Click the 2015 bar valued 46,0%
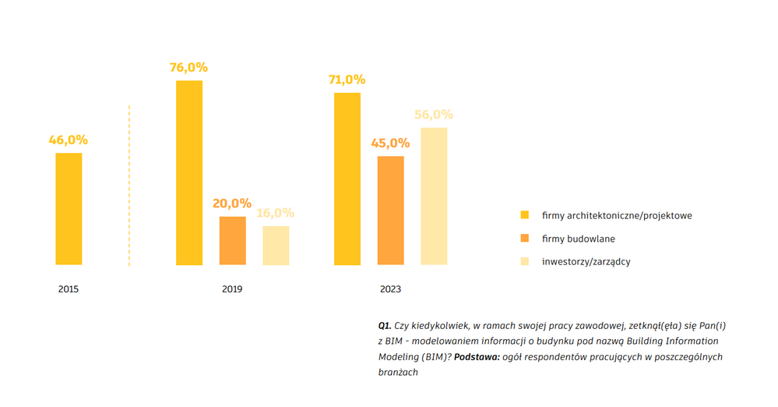pos(69,209)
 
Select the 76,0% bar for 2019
pos(189,172)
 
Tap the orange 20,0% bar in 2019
pos(232,241)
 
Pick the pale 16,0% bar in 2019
pos(276,246)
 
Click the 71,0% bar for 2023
pos(347,179)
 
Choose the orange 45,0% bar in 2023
pos(391,211)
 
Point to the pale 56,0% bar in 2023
pos(434,196)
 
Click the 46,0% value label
pos(69,140)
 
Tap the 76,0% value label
pos(189,68)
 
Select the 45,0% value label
pos(390,143)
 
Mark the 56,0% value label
pos(434,115)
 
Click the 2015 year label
pos(69,289)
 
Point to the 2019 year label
pos(232,289)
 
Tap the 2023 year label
pos(391,289)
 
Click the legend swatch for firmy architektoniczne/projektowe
pos(525,215)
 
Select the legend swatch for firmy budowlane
pos(525,238)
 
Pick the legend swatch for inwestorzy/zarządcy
pos(525,261)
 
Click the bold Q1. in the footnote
pos(384,325)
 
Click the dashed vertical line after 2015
pos(129,187)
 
